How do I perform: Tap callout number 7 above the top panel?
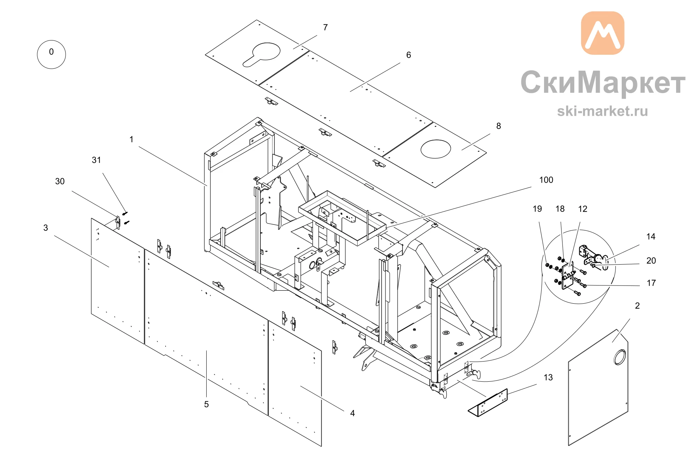[325, 27]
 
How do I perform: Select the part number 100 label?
[546, 180]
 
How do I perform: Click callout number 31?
[97, 160]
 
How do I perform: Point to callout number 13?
[548, 378]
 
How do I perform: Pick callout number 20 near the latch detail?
[651, 261]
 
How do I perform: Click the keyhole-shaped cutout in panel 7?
[261, 54]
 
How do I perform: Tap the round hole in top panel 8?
[436, 149]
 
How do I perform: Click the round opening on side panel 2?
[620, 357]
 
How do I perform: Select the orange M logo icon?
[603, 33]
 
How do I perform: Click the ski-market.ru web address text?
[603, 111]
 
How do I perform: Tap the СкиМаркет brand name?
[603, 83]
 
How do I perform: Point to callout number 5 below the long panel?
[206, 404]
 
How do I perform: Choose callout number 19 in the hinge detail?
[537, 209]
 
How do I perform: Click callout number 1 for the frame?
[131, 139]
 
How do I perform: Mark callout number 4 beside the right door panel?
[352, 413]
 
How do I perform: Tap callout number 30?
[60, 181]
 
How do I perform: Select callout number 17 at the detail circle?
[651, 283]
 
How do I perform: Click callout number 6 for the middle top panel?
[409, 55]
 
